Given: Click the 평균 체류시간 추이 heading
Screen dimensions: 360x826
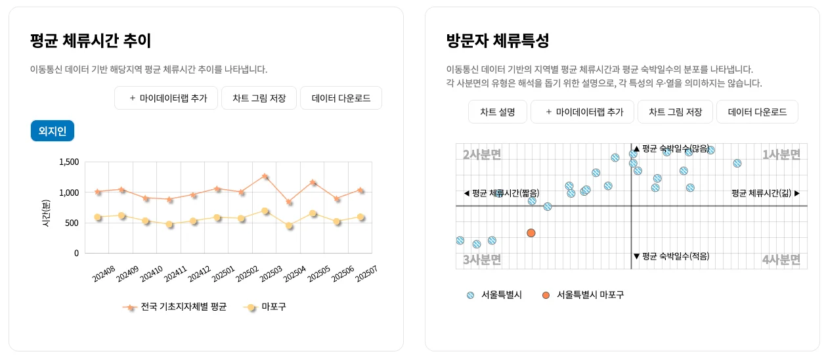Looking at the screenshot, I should click(x=91, y=41).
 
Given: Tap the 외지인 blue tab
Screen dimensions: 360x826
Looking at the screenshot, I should click(x=53, y=131).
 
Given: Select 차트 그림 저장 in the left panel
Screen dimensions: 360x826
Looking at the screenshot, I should click(x=259, y=99).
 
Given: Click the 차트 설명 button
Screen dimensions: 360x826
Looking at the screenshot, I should click(x=497, y=112).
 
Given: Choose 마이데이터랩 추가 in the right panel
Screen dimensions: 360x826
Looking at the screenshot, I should click(x=582, y=112).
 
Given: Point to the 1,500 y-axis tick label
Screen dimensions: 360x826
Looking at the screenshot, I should click(x=69, y=162).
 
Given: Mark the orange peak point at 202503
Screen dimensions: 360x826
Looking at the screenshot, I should click(x=265, y=176).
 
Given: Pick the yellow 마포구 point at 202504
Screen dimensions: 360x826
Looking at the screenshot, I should click(x=289, y=225).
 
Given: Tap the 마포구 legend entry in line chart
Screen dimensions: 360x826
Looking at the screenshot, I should click(x=265, y=307).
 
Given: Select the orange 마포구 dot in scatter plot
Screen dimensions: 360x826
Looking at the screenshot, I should click(x=531, y=233).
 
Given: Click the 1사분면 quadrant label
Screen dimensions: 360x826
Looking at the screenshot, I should click(x=781, y=155).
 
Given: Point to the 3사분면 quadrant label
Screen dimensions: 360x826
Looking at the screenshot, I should click(x=482, y=260).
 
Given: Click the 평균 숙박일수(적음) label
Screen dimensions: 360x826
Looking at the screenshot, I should click(x=671, y=256).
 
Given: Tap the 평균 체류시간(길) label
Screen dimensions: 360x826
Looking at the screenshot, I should click(x=765, y=193).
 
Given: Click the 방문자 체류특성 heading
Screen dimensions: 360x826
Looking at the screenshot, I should click(x=497, y=41).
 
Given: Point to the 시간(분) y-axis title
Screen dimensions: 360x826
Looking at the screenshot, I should click(x=46, y=214).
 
